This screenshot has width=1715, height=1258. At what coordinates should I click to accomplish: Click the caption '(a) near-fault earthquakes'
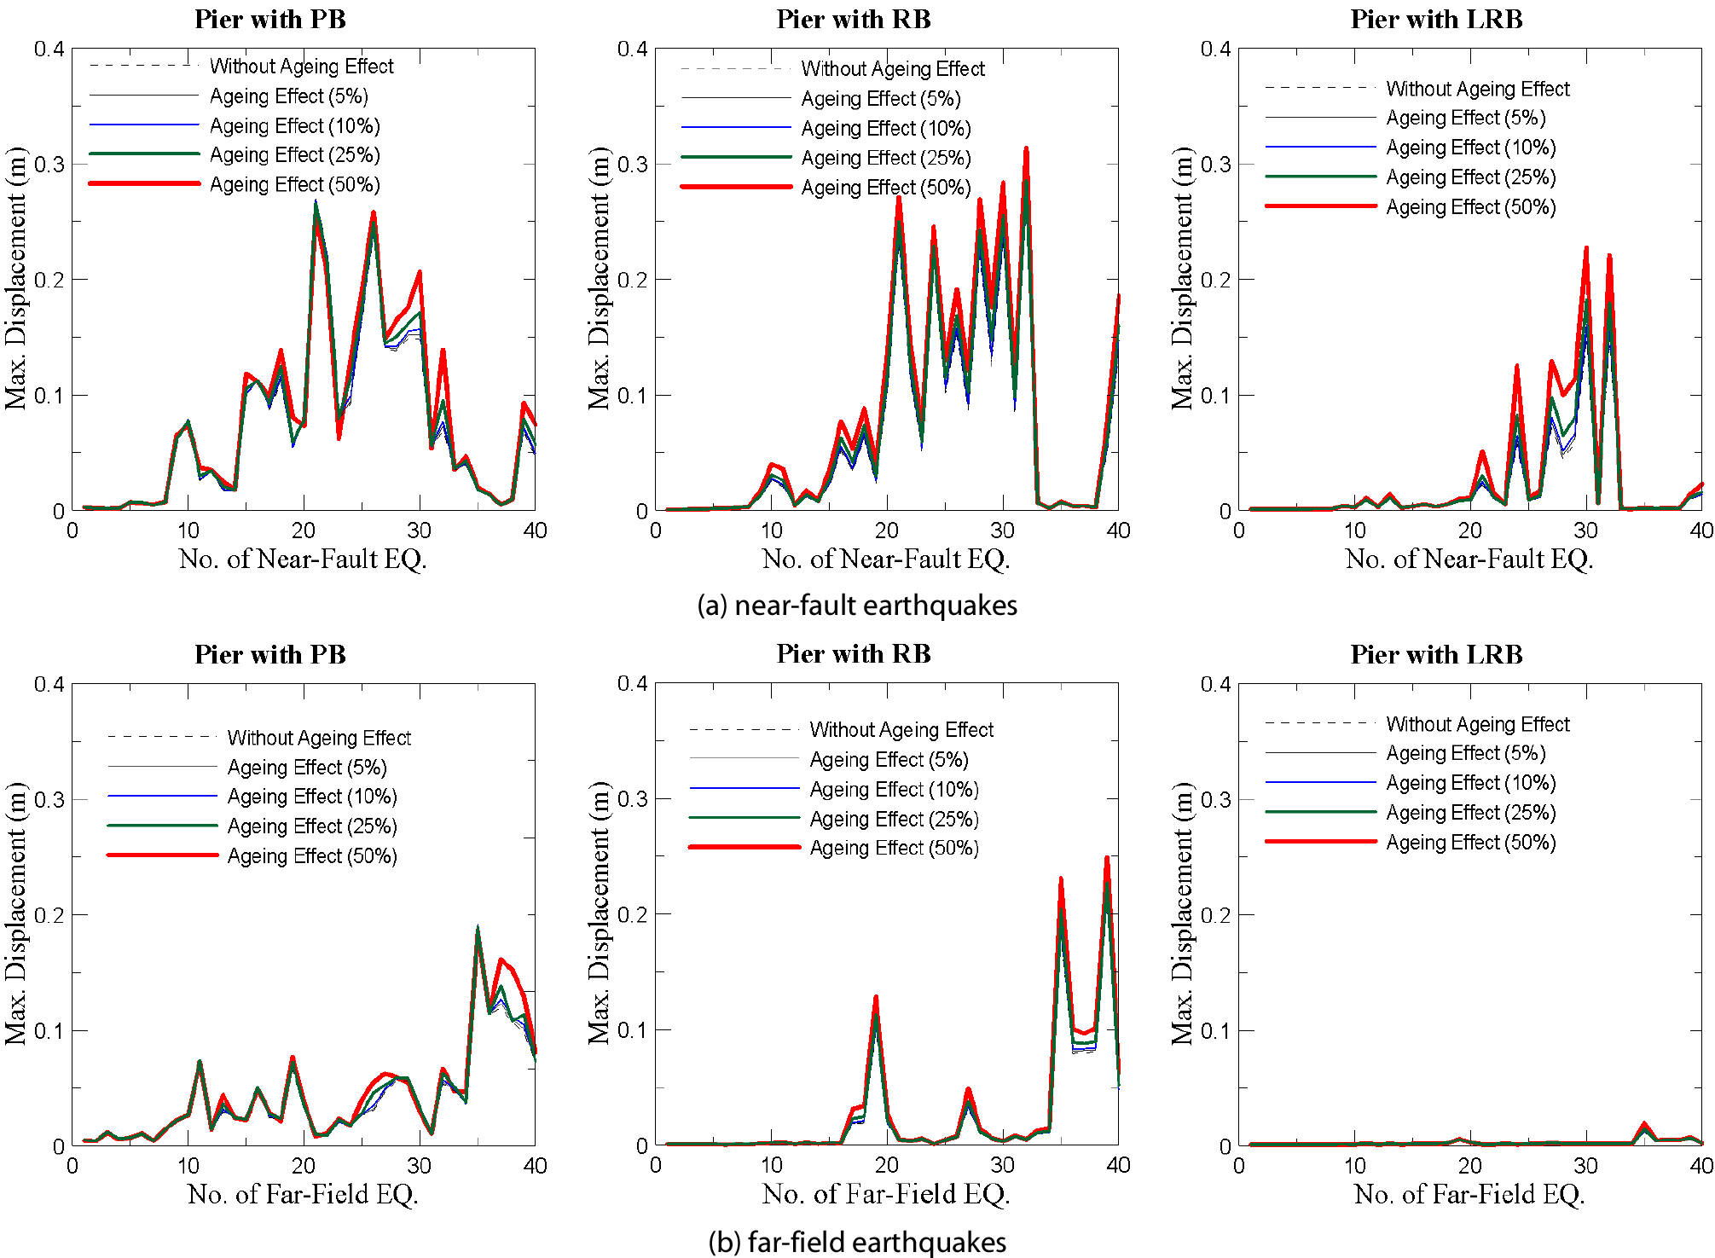(856, 606)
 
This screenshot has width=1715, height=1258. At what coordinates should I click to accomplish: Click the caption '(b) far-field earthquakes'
(856, 1242)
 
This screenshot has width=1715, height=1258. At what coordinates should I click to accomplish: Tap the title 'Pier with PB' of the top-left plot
(270, 20)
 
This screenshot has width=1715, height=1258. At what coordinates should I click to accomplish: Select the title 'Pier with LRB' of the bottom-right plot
(1436, 654)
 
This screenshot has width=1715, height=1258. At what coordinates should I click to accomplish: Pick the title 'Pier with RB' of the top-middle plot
(853, 20)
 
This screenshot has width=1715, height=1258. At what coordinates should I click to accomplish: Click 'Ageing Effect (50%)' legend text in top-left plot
(294, 185)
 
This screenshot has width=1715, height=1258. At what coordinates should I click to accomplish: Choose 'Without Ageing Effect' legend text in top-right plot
(1477, 89)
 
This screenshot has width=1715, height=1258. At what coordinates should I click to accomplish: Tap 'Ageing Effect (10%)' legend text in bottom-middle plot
(894, 790)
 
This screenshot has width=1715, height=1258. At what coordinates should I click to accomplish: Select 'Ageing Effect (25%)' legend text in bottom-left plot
(312, 826)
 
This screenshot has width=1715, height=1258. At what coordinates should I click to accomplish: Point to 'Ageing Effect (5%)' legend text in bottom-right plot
(1465, 754)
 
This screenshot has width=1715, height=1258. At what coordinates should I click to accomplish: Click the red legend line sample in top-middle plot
(736, 187)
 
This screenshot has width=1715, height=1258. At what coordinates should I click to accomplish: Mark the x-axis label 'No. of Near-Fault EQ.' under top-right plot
(1469, 559)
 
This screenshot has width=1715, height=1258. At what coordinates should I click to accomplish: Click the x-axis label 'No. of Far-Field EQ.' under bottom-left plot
(303, 1195)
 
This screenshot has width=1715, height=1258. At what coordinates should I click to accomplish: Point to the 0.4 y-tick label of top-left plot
(49, 49)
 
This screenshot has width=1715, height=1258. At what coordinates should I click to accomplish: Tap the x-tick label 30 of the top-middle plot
(1002, 530)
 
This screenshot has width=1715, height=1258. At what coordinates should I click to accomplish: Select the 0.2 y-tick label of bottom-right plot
(1214, 915)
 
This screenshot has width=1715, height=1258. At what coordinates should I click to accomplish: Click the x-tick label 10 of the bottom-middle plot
(771, 1165)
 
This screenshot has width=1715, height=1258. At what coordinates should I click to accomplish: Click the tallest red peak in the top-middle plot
(1026, 148)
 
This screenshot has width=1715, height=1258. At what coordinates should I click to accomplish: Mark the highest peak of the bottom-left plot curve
(478, 929)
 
